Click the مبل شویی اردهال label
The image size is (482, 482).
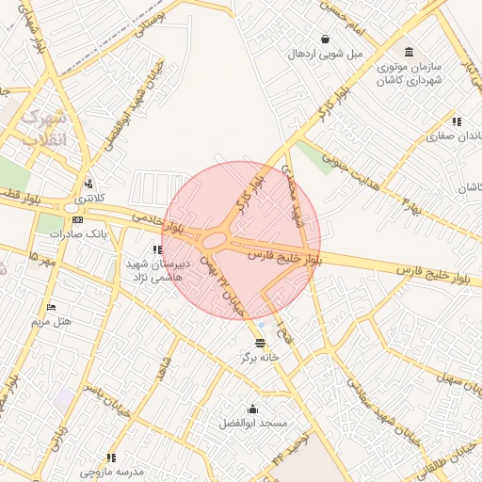click(325, 54)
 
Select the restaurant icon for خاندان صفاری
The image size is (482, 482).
click(457, 121)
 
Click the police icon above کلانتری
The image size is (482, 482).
click(88, 184)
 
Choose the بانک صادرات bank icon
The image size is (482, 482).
click(77, 219)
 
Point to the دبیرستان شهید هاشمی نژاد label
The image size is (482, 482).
click(157, 270)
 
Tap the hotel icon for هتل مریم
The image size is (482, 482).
click(51, 307)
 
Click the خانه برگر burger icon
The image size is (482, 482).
click(260, 343)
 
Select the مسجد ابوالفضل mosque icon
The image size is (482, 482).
click(252, 409)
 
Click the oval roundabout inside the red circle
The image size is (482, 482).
click(215, 241)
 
